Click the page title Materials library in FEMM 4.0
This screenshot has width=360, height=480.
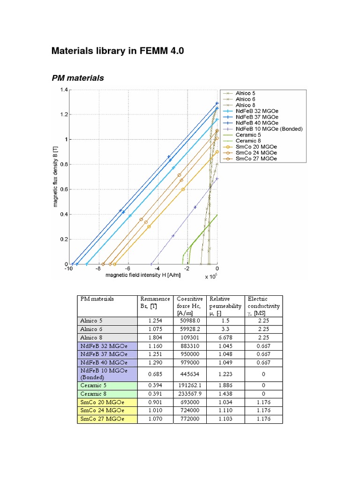click(118, 51)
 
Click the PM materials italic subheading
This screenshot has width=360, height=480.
click(77, 78)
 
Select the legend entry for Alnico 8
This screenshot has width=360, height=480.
click(246, 105)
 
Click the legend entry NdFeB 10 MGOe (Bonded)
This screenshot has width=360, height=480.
click(269, 129)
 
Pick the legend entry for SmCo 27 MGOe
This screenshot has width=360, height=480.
click(256, 159)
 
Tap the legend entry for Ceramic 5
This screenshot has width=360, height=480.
click(248, 135)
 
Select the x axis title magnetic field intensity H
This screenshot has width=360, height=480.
click(143, 275)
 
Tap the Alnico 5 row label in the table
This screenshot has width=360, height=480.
click(91, 321)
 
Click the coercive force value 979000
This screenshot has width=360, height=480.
click(189, 363)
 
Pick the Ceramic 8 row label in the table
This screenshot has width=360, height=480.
click(93, 393)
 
